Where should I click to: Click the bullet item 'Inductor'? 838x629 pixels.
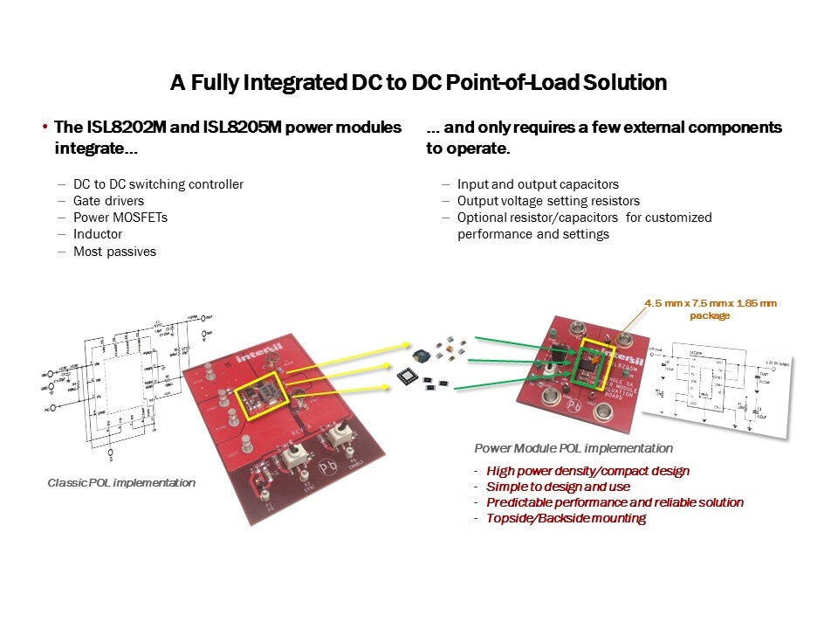pos(98,234)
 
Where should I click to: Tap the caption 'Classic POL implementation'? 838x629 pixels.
pos(121,483)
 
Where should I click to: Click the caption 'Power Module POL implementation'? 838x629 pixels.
pos(574,448)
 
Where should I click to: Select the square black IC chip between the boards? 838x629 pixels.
pos(408,376)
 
